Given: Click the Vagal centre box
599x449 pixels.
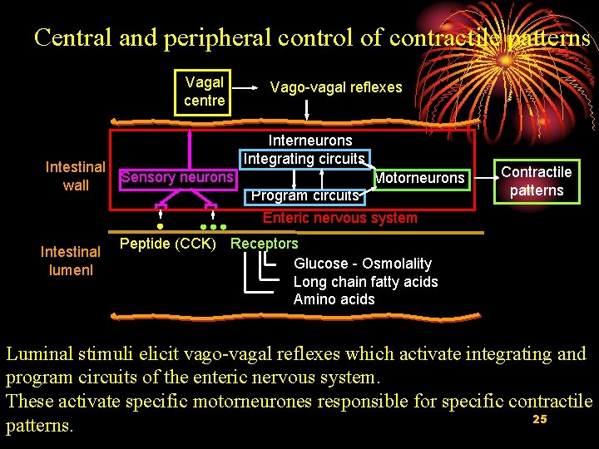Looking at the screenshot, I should [x=204, y=91].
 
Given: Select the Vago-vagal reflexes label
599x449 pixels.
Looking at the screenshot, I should [x=336, y=87].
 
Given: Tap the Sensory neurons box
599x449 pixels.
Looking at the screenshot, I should [x=177, y=177].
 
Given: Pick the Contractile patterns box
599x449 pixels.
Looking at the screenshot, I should [x=536, y=181].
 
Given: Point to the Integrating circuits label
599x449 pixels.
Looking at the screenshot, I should [x=304, y=158].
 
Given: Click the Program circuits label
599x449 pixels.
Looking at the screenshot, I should [x=305, y=196].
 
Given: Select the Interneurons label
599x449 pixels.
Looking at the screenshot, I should [x=309, y=141].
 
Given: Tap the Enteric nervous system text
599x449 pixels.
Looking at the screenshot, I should [x=339, y=218].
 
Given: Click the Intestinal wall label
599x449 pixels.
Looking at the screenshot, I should [x=75, y=176].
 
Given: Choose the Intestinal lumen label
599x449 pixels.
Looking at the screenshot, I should [x=71, y=260].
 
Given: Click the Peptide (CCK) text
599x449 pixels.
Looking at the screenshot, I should [x=168, y=244].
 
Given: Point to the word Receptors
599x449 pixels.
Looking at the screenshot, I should [x=264, y=244].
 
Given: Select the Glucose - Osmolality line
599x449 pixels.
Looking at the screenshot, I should [x=363, y=264].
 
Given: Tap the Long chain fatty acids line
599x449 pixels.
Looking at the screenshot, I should [x=365, y=282].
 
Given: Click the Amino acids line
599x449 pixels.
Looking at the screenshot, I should [x=334, y=299].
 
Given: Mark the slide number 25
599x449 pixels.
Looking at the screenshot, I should [x=539, y=419].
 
